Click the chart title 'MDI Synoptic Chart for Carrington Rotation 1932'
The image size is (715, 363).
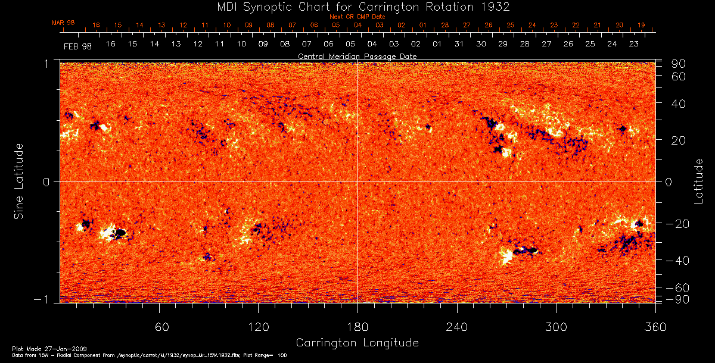pos(357,7)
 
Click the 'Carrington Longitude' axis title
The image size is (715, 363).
pos(357,343)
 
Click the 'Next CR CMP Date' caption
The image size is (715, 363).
pos(357,17)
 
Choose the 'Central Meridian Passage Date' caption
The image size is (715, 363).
pos(357,56)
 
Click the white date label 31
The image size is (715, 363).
pos(459,45)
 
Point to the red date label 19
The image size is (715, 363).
pos(641,25)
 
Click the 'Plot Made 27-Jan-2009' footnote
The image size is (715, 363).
pos(37,347)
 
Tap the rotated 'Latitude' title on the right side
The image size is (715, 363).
pos(698,181)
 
